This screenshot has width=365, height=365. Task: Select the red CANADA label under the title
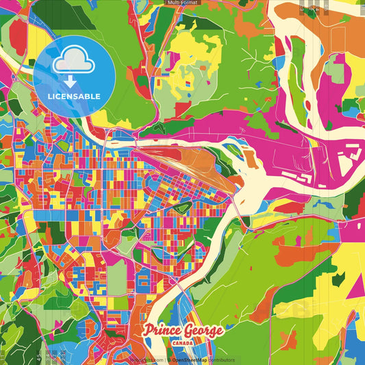(x=182, y=343)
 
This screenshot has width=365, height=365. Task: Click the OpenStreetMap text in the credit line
(x=189, y=360)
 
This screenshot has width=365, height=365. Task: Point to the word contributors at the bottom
(x=221, y=360)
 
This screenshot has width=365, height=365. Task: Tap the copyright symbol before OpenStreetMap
(x=169, y=360)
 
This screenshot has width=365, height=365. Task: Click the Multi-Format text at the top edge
(x=182, y=3)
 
